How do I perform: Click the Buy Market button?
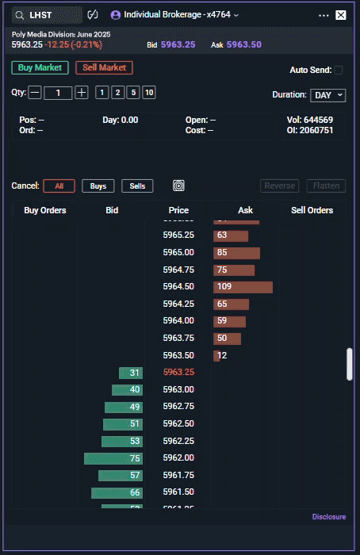coord(40,68)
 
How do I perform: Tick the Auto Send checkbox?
coord(339,70)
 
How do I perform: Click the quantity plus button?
coord(82,93)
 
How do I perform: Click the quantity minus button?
coord(35,93)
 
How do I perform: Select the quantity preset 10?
coord(149,93)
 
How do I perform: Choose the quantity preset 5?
coord(133,93)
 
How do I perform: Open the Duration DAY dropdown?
coord(327,95)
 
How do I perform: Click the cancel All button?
coord(59,186)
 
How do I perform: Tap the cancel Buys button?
coord(98,186)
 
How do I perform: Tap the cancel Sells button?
coord(137,186)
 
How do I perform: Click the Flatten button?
coord(326,186)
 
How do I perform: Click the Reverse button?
coord(279,186)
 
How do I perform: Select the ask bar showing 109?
coord(243,286)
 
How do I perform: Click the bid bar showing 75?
coord(113,458)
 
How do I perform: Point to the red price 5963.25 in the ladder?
coord(178,372)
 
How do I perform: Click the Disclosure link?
coord(328,517)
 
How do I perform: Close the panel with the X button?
coord(341,15)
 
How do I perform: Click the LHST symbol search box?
coord(48,15)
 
